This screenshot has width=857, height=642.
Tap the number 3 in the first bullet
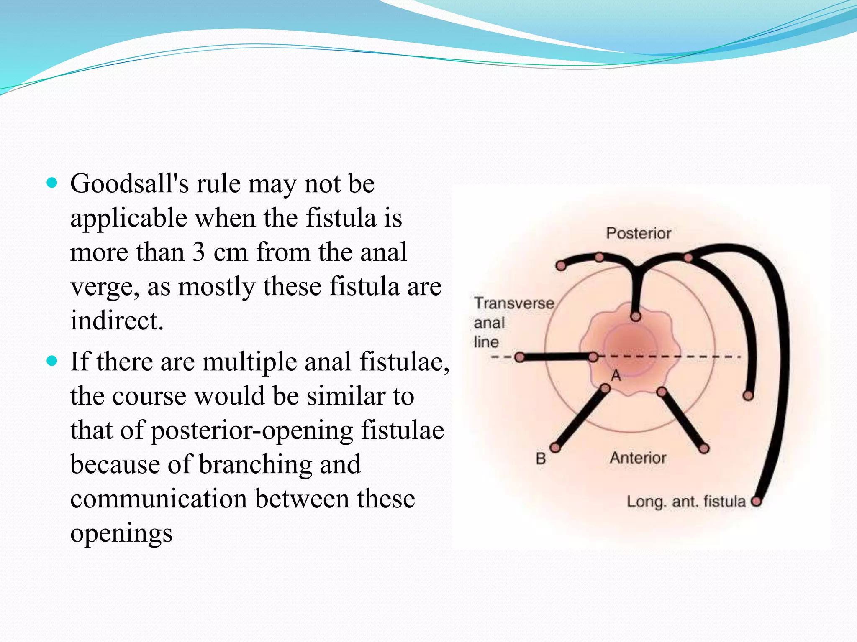click(198, 252)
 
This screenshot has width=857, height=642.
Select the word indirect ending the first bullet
click(116, 321)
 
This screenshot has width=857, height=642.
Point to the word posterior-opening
click(251, 431)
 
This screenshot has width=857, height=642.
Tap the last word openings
click(121, 534)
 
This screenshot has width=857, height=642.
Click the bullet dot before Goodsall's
click(52, 183)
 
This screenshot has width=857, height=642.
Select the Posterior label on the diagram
click(639, 233)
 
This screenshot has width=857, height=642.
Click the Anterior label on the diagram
click(638, 458)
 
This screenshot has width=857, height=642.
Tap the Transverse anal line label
click(513, 322)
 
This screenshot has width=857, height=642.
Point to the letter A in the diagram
click(616, 376)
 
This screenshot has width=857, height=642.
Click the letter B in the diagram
click(541, 459)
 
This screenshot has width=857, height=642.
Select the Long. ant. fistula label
click(686, 502)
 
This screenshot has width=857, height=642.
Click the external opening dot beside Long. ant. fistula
click(756, 502)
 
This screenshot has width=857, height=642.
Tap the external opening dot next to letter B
click(555, 448)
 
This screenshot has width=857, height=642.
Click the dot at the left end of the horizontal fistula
click(519, 357)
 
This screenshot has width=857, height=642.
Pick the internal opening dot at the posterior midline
click(636, 316)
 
